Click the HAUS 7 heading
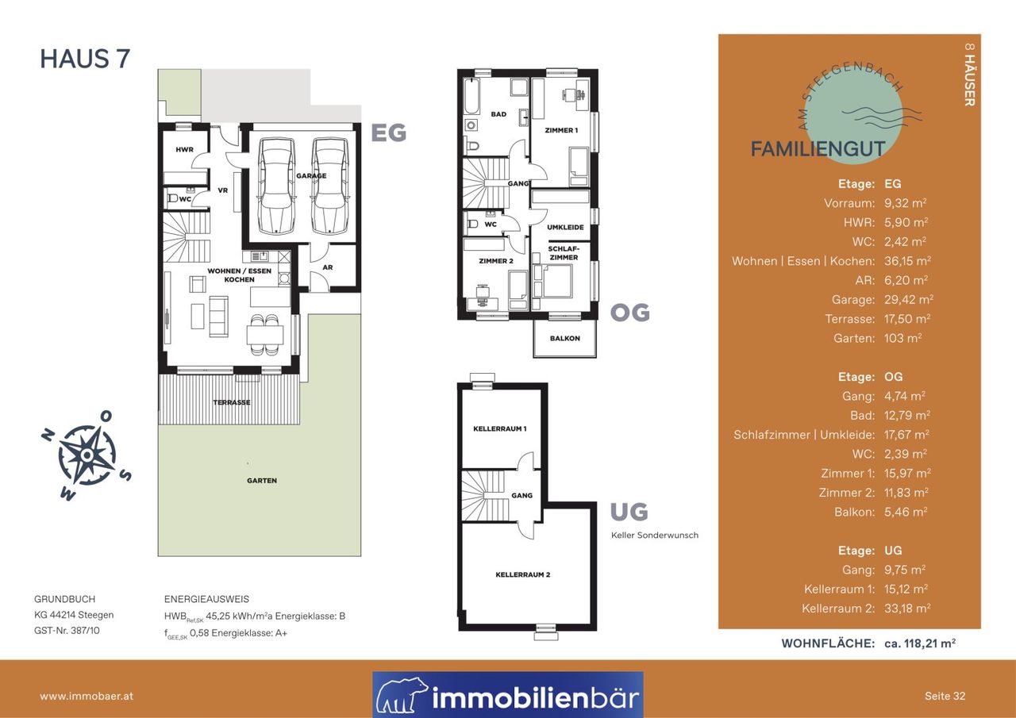(85, 59)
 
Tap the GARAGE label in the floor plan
(311, 176)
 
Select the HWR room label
(185, 150)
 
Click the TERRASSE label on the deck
(232, 402)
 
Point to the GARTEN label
(262, 481)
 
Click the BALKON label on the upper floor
(565, 338)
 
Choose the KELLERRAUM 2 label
(523, 574)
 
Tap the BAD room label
(498, 114)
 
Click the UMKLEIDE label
(565, 227)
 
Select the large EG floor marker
(389, 132)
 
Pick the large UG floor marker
(629, 512)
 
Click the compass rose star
(87, 454)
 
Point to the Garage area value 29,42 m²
(909, 300)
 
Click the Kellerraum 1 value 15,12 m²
(906, 589)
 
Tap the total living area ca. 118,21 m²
(920, 643)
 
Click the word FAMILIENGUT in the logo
(818, 149)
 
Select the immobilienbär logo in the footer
(508, 694)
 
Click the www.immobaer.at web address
(87, 697)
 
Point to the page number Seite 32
(945, 697)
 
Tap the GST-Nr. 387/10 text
(67, 631)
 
